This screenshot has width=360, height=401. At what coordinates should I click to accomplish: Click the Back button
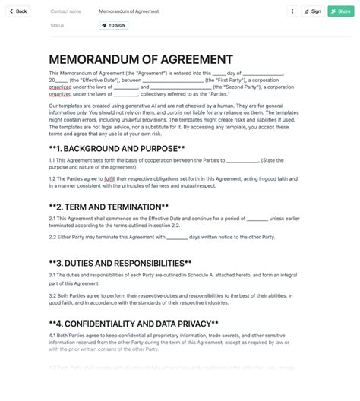tap(18, 11)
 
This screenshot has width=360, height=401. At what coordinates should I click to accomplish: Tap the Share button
tap(341, 11)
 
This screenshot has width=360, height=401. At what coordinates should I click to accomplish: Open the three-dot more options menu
tap(292, 11)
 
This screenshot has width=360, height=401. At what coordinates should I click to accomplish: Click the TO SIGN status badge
tap(113, 25)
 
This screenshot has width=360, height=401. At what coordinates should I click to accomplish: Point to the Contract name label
tap(66, 11)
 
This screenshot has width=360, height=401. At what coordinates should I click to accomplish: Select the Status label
tap(57, 25)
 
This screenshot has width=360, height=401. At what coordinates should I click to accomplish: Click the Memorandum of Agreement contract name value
tap(129, 11)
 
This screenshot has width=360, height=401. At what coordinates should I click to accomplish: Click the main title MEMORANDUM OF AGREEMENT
tap(141, 59)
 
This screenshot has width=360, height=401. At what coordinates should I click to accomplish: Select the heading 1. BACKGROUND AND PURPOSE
tap(117, 148)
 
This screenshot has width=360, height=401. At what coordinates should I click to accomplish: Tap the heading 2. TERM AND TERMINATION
tap(109, 207)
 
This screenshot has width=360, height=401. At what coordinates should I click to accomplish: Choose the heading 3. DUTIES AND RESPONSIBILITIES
tap(120, 263)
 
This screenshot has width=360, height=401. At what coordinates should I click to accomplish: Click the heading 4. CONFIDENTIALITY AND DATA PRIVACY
tap(133, 323)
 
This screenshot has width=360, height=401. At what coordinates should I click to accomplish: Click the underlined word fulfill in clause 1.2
tap(110, 178)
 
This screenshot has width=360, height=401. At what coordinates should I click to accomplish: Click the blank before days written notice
tap(177, 237)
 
